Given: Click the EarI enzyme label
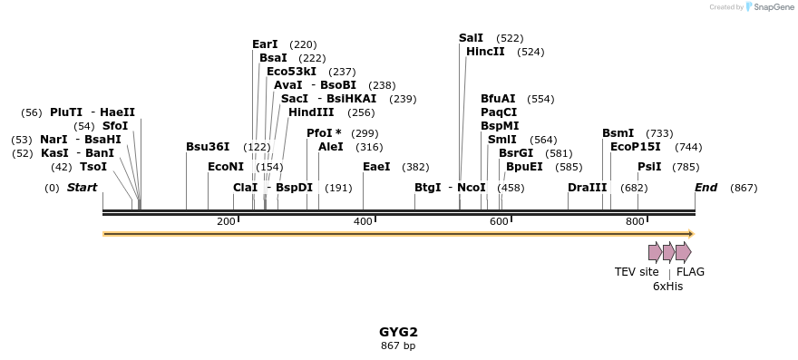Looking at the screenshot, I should tap(265, 44).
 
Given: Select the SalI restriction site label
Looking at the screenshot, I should tap(471, 38).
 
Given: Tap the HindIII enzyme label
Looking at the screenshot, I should tap(311, 112).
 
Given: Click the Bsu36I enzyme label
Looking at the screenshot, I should tap(208, 147).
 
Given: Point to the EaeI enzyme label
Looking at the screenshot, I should tap(376, 167).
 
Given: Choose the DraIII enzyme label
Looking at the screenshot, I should tap(587, 188).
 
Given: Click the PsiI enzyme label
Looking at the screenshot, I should tap(649, 167).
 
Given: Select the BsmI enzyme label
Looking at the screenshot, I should tap(618, 133).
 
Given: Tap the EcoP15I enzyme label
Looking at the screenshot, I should tap(635, 147).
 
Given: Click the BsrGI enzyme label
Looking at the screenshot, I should tap(516, 153).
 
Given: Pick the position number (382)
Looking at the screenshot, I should tap(415, 167).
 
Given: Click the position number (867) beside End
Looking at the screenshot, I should tap(744, 188).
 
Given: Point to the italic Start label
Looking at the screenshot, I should tap(82, 188).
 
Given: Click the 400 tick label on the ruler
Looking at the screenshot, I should tap(363, 222).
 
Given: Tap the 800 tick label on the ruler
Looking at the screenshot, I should tap(635, 222).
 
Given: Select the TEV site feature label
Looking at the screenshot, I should tap(637, 272).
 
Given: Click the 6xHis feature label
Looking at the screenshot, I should tap(667, 286).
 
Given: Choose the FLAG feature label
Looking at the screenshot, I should tap(690, 272).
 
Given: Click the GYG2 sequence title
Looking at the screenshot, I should tap(398, 332).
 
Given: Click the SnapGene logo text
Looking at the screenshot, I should tap(774, 7).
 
